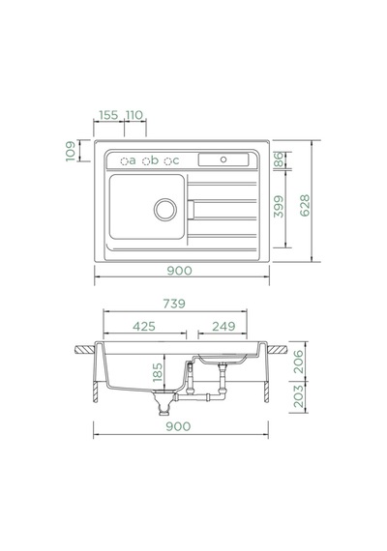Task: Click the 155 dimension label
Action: click(x=108, y=115)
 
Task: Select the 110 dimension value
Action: click(x=134, y=115)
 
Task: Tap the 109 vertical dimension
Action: click(x=71, y=151)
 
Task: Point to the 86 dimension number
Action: click(x=279, y=159)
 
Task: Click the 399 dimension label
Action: click(x=279, y=207)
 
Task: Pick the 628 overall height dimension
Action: click(x=305, y=205)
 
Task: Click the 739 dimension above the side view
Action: click(x=174, y=304)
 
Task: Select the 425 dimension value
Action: click(x=144, y=327)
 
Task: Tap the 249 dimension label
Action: click(x=223, y=327)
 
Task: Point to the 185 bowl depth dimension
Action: click(x=158, y=372)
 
